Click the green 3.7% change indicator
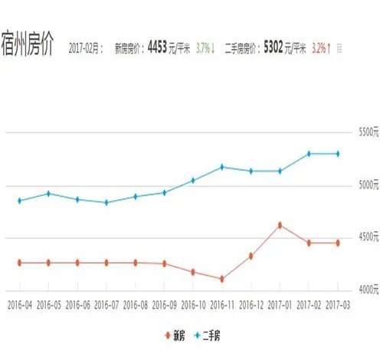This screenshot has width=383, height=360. [x=205, y=47]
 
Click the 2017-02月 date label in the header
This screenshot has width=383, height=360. [x=85, y=48]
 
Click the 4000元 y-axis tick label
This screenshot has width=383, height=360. [x=368, y=290]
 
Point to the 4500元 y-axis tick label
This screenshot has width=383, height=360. [x=368, y=237]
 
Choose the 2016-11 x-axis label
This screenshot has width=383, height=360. [x=221, y=304]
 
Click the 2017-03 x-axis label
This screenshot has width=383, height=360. [x=338, y=304]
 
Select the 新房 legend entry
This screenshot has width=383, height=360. [x=175, y=335]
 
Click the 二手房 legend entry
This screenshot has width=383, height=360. [x=209, y=335]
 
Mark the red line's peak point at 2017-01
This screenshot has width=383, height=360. [x=280, y=224]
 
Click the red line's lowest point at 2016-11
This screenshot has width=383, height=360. [x=221, y=279]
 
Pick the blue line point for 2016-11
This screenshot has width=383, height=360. [x=221, y=167]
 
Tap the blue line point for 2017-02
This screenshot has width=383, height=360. [x=309, y=153]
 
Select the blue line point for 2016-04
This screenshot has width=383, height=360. [x=18, y=201]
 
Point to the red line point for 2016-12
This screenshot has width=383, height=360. [x=250, y=256]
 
